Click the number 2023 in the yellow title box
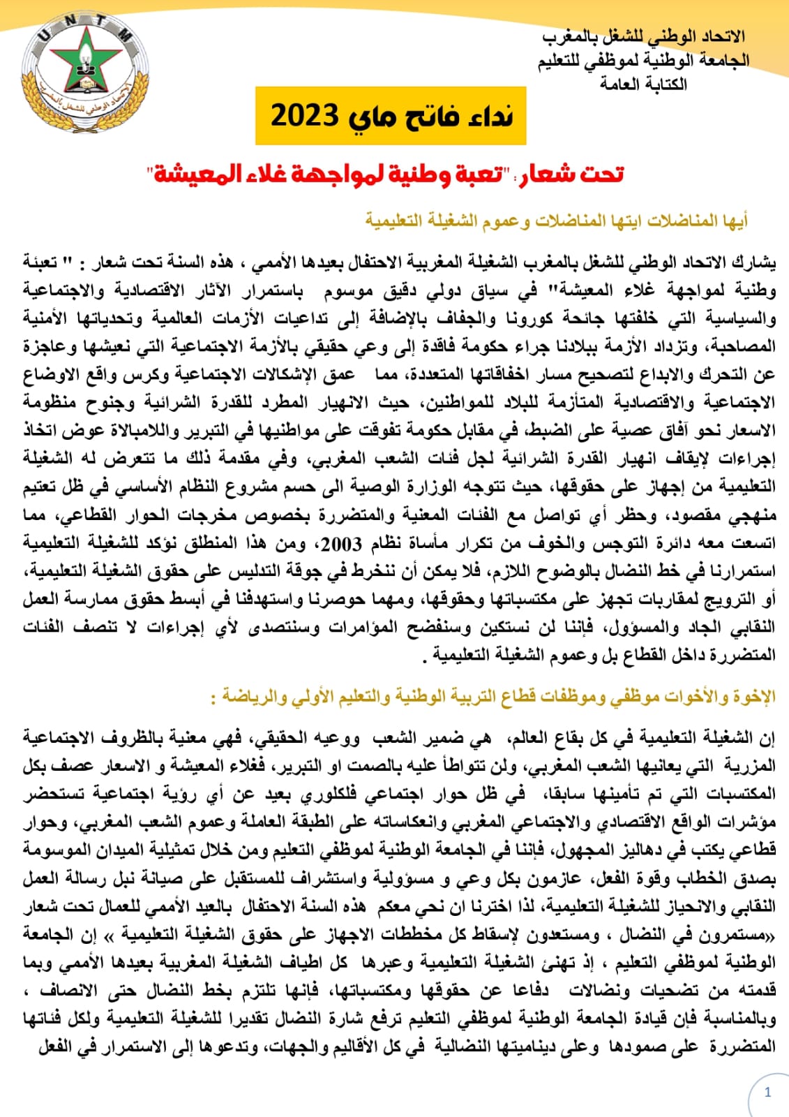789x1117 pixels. pyautogui.click(x=305, y=115)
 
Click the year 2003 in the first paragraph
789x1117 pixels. pyautogui.click(x=343, y=543)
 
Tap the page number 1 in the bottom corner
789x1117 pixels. pyautogui.click(x=767, y=1093)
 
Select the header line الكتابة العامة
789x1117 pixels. pyautogui.click(x=643, y=84)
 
